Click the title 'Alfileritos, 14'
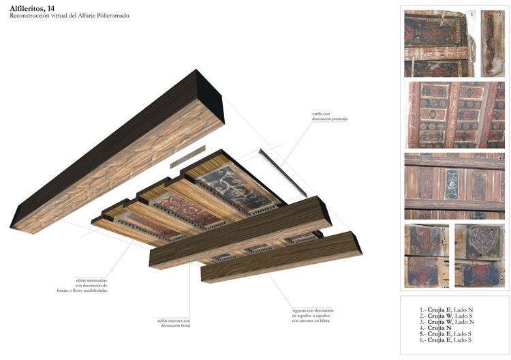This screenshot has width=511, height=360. point(33,7)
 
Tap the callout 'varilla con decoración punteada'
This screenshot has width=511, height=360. point(330,116)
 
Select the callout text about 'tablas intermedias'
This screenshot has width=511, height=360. point(91,284)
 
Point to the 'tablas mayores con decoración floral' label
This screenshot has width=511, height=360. point(174,323)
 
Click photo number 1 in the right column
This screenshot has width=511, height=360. point(439,43)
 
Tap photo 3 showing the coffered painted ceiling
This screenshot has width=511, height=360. point(454,115)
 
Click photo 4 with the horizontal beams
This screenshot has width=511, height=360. point(454,185)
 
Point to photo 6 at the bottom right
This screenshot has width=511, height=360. point(480,256)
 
